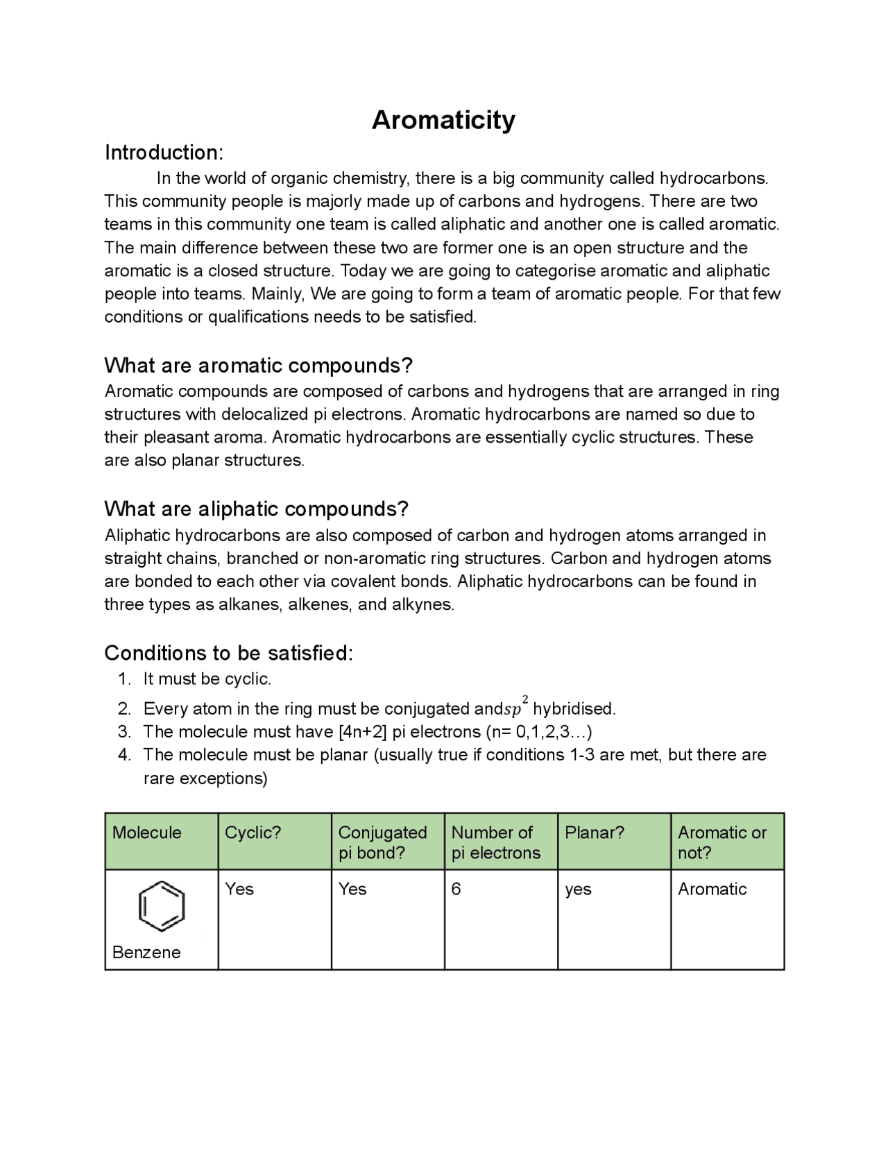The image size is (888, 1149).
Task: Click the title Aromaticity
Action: [x=443, y=120]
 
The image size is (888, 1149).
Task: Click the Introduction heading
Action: [x=164, y=153]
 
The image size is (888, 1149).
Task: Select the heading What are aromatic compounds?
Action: [x=258, y=365]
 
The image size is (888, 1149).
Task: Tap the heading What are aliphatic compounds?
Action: [x=256, y=509]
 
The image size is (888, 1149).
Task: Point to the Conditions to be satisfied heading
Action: [x=228, y=653]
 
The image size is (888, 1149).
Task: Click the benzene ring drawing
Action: [x=162, y=906]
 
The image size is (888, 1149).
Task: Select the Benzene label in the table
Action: [x=146, y=952]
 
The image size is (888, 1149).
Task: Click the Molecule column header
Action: [x=147, y=833]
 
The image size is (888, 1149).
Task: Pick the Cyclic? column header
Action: [x=253, y=833]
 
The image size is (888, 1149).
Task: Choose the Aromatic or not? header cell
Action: [x=721, y=842]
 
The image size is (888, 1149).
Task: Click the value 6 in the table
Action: [x=456, y=889]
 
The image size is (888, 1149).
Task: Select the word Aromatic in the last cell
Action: [x=712, y=889]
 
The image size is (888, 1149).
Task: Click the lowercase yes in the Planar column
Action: [x=578, y=890]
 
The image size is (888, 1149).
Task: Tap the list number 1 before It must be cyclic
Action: [x=124, y=679]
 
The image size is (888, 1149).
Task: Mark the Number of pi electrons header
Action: [x=495, y=842]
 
